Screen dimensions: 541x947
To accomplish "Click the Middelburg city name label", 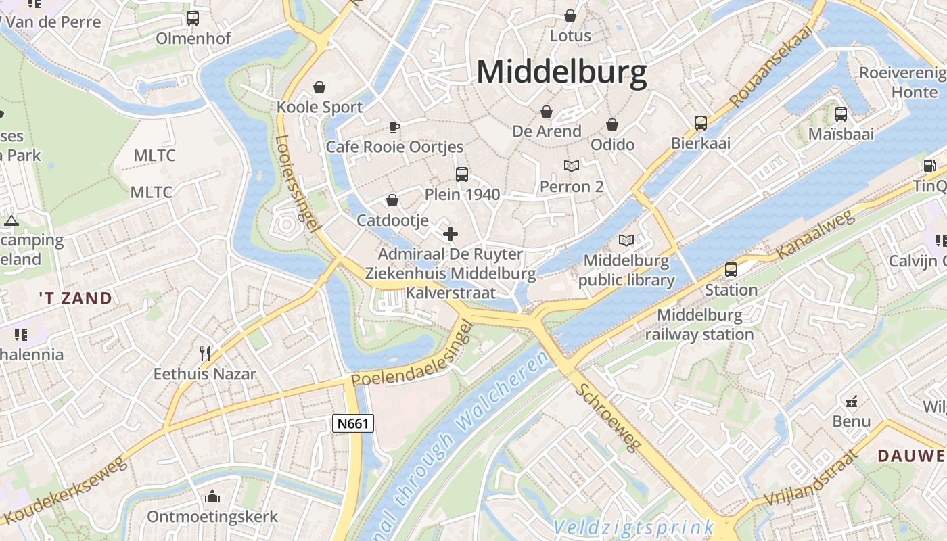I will click(x=561, y=72).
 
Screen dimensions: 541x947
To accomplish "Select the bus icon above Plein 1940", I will click(x=462, y=174).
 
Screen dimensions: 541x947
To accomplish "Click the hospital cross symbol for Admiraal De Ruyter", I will click(x=450, y=235).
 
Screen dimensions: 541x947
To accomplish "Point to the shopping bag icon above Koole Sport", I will click(x=319, y=87).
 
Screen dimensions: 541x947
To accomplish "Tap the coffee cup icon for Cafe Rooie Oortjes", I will click(x=394, y=127).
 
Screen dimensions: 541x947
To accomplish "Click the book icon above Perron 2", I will click(x=572, y=166).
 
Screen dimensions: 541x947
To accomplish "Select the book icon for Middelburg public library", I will click(x=626, y=241).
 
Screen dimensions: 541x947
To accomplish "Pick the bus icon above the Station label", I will click(x=731, y=270).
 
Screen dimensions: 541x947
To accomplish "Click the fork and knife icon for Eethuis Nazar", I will click(x=205, y=353).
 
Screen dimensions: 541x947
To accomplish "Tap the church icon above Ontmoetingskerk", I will click(x=212, y=497).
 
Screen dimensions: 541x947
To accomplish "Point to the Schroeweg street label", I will click(x=607, y=419).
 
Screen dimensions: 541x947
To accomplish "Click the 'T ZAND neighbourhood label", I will click(x=75, y=298).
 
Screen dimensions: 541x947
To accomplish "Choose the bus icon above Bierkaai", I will click(x=701, y=123).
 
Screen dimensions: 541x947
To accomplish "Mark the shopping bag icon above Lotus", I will click(x=570, y=16).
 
